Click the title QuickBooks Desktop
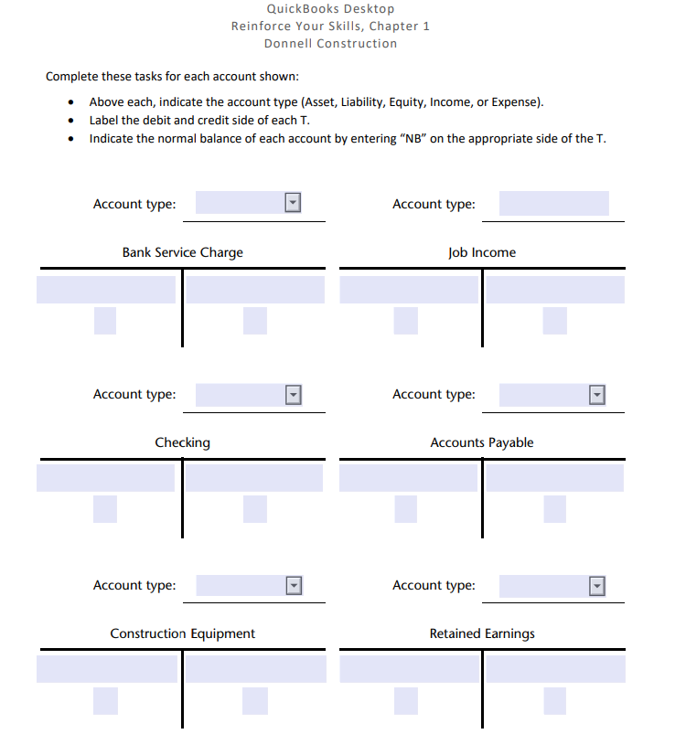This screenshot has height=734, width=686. tap(330, 9)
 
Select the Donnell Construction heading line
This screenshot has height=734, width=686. tap(330, 43)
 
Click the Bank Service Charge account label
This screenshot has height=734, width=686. tap(182, 252)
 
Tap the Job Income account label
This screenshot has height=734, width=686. tap(481, 252)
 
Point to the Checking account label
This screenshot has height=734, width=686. tap(182, 442)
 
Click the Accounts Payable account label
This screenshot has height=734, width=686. tap(481, 442)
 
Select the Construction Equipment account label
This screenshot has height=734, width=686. tap(182, 633)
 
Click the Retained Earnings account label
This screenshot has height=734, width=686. tap(481, 633)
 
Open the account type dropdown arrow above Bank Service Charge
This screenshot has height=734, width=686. tap(293, 203)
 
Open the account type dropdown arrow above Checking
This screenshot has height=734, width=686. tap(293, 395)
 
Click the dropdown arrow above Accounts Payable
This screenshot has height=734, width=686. tap(597, 395)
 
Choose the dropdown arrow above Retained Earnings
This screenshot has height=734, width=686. tap(597, 586)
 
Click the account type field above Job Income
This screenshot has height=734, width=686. tap(553, 203)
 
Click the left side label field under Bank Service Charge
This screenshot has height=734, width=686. tap(106, 290)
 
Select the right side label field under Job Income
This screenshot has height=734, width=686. tap(554, 290)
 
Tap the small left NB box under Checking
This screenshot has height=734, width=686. tap(105, 509)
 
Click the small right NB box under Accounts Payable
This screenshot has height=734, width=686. tap(554, 509)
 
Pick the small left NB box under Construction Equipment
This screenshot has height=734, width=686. tap(105, 700)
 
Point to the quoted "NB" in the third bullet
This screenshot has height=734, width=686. tap(414, 139)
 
